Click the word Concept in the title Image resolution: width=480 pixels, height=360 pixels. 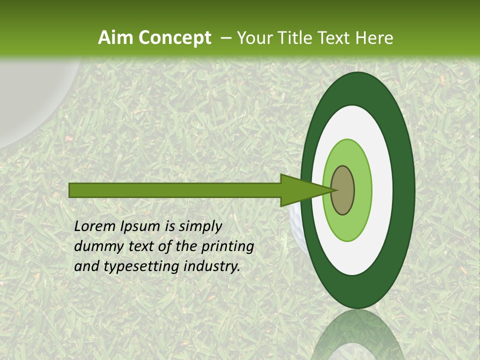(x=175, y=38)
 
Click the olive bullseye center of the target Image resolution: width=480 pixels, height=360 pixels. (x=343, y=190)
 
